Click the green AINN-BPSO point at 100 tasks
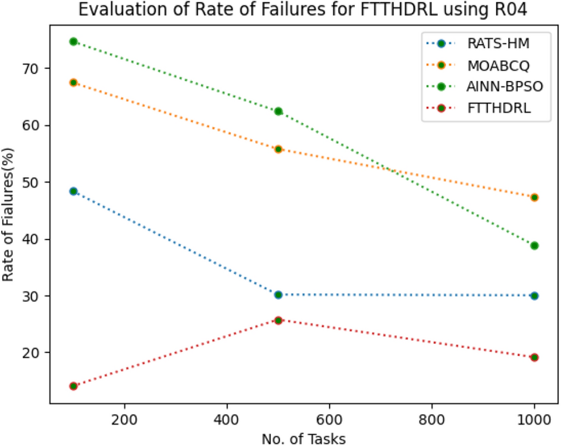click(x=73, y=42)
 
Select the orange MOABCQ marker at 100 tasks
click(x=73, y=83)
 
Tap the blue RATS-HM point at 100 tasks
click(x=73, y=191)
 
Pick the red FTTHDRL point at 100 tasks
click(x=73, y=386)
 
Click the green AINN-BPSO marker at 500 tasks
click(x=278, y=111)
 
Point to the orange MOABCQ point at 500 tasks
click(x=278, y=149)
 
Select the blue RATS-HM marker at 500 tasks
click(x=278, y=295)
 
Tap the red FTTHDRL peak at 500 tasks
click(x=278, y=320)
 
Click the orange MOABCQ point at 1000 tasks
click(x=534, y=197)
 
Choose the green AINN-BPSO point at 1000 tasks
click(x=534, y=246)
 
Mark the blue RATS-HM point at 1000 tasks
click(x=534, y=296)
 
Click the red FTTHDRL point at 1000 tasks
click(x=534, y=357)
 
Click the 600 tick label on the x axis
click(x=329, y=420)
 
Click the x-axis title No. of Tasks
click(x=303, y=438)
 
